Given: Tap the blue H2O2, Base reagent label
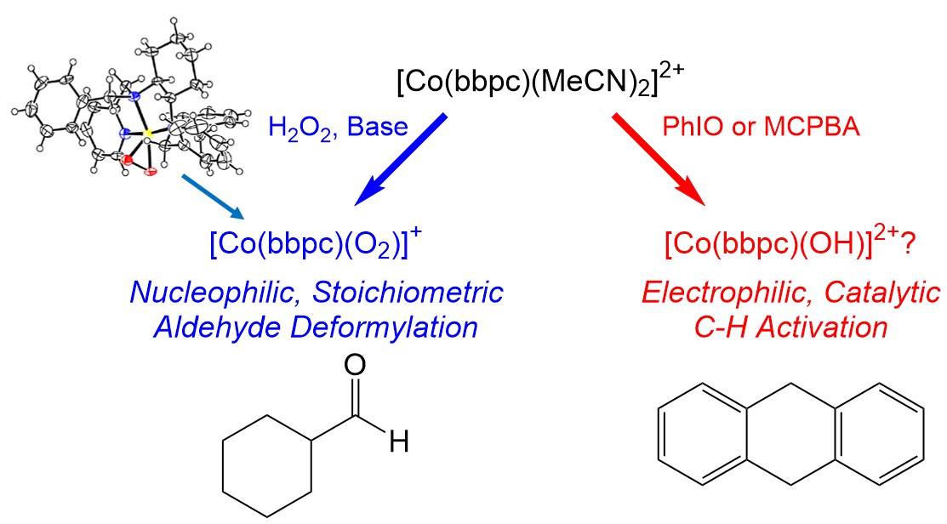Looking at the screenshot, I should click(339, 129).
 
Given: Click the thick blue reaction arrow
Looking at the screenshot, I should click(401, 158).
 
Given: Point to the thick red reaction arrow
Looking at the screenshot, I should click(659, 158).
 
